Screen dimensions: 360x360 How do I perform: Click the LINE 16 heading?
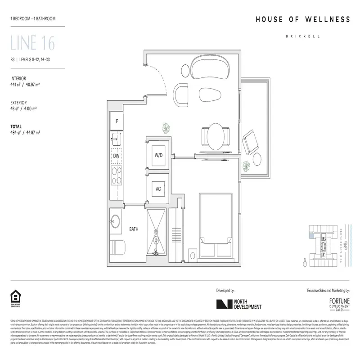[x=32, y=44]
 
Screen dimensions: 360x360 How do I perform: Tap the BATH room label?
[x=134, y=229]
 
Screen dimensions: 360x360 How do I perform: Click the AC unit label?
[x=158, y=189]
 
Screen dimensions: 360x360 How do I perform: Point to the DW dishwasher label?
[x=116, y=156]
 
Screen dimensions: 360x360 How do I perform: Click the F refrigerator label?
[x=117, y=121]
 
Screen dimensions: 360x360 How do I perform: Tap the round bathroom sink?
[x=115, y=222]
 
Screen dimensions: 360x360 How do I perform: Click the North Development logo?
[x=238, y=305]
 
